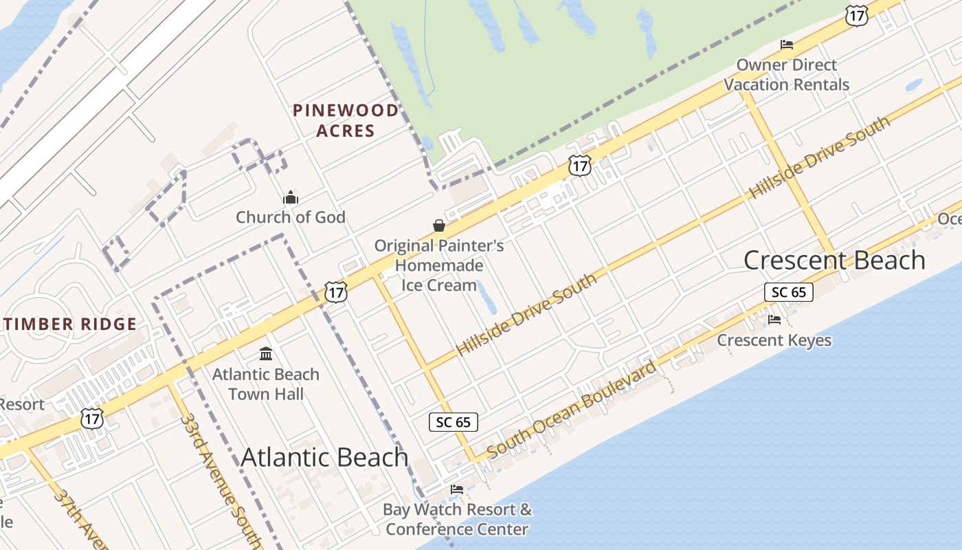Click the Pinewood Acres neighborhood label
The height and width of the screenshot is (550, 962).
345,120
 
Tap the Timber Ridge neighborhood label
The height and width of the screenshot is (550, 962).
69,324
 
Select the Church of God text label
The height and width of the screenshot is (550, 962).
291,217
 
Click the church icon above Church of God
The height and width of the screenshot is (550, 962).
291,198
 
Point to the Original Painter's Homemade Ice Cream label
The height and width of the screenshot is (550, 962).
438,265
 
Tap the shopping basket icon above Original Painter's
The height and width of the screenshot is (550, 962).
438,225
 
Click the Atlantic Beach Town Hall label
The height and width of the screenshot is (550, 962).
266,384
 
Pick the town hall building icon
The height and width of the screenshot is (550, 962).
266,354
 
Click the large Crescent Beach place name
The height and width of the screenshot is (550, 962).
834,261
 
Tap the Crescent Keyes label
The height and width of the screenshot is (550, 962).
774,340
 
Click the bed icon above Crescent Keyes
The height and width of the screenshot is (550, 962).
774,320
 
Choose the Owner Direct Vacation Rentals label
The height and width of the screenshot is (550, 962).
787,75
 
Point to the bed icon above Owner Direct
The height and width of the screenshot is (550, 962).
787,45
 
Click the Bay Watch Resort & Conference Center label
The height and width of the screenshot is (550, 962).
457,519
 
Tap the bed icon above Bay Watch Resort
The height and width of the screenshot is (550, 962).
457,489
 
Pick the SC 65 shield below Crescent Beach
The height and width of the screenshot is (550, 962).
788,292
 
